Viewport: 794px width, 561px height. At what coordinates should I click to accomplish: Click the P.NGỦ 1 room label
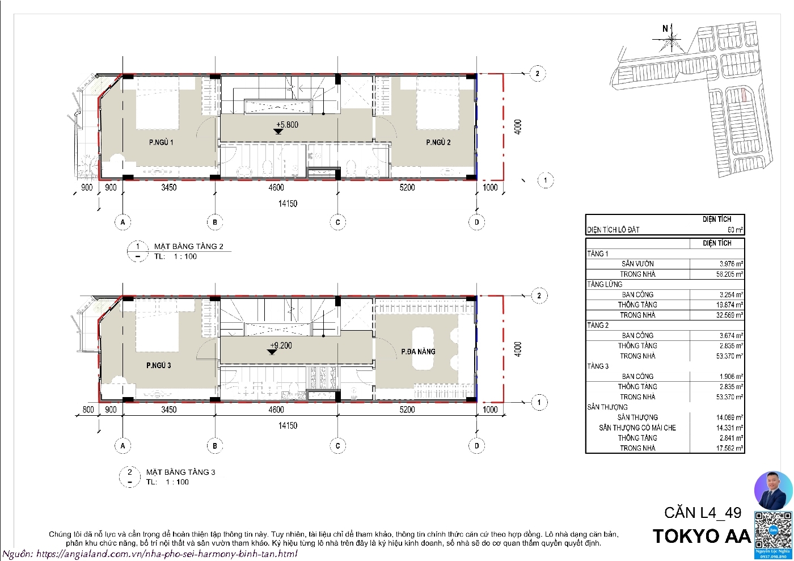click(161, 142)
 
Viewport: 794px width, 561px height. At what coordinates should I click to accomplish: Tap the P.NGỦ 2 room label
click(438, 142)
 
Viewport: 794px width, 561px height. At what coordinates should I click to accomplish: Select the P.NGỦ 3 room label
click(158, 365)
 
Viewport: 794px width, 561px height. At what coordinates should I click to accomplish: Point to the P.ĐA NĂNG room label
click(418, 352)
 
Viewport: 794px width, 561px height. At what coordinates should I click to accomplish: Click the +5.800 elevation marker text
click(287, 125)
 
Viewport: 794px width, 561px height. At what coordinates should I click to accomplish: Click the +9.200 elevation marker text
click(281, 345)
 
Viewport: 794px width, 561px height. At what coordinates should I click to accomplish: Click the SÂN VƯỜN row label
click(637, 264)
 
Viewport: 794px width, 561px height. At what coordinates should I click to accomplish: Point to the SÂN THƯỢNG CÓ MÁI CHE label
click(637, 428)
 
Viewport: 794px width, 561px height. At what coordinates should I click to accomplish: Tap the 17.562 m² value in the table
click(729, 448)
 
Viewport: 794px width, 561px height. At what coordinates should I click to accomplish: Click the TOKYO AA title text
click(702, 536)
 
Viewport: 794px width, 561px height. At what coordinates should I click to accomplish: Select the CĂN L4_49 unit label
click(703, 513)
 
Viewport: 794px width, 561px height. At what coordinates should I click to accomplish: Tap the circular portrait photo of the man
click(772, 490)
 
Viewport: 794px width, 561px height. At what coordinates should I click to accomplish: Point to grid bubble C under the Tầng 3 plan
click(338, 446)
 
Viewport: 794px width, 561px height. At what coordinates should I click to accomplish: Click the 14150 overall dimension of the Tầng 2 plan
click(288, 204)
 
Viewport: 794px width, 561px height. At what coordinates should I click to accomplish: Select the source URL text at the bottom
click(150, 554)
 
